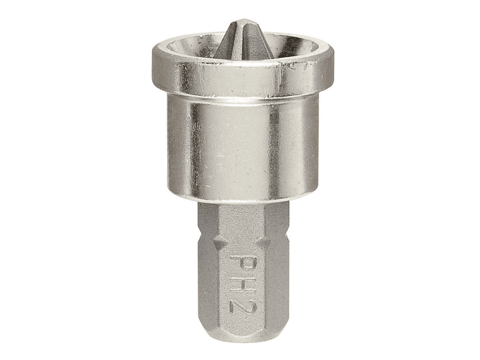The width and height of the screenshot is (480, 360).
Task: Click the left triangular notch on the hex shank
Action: [x=219, y=244]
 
